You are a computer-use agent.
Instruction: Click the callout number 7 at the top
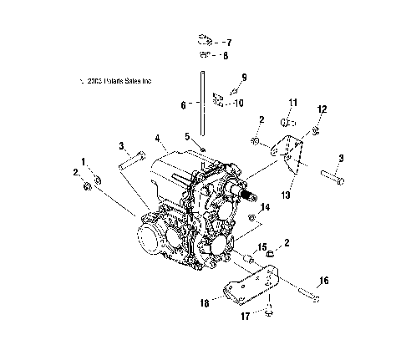point(229,42)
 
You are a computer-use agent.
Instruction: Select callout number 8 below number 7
point(225,56)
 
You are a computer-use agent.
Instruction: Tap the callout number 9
point(245,77)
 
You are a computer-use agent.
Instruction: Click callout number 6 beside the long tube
point(183,104)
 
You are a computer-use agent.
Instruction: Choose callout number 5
point(188,136)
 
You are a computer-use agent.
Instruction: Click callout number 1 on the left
point(84,160)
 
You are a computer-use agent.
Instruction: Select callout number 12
point(321,109)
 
